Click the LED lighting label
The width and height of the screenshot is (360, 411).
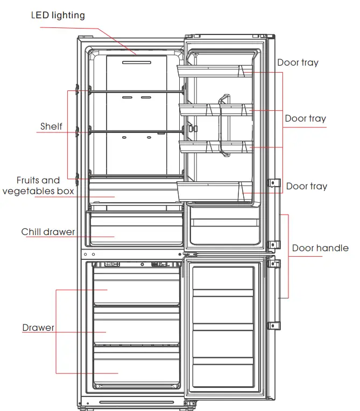(x=58, y=15)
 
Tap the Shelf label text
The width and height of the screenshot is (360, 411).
(x=51, y=127)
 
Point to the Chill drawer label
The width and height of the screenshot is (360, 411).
(x=48, y=232)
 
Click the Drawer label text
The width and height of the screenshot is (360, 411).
(x=38, y=328)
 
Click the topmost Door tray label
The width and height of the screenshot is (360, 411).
(x=298, y=62)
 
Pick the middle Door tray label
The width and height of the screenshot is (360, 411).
(x=305, y=118)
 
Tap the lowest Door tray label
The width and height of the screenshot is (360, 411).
(x=306, y=186)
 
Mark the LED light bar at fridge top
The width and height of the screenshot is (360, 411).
(x=136, y=62)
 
